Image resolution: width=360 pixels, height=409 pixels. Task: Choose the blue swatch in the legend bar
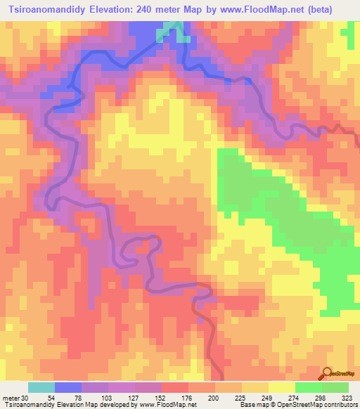click(x=68, y=388)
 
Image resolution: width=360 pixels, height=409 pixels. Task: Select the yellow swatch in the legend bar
click(x=282, y=388)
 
